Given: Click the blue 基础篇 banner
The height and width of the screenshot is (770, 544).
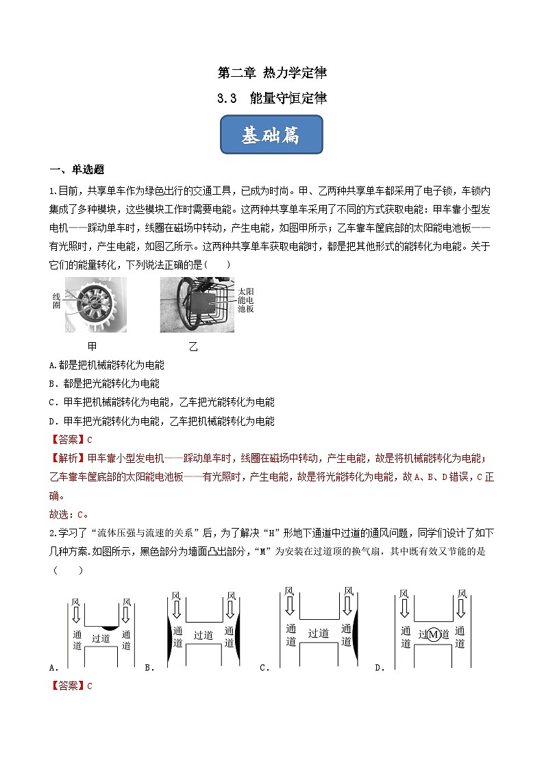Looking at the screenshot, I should tap(271, 135).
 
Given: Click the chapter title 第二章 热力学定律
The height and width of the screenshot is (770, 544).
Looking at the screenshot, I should tap(271, 73).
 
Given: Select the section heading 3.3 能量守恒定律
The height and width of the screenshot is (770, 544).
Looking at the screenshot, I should tap(271, 98).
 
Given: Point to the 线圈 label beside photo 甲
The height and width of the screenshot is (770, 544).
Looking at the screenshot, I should tap(57, 300).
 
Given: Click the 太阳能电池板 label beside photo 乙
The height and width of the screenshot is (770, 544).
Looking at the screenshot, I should tap(245, 300).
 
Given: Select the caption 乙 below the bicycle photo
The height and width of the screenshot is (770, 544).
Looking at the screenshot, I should tap(193, 346).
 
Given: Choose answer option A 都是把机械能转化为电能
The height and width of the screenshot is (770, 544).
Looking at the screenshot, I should tap(108, 365).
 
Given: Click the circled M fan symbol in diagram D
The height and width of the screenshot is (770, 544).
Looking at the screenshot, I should tap(433, 635).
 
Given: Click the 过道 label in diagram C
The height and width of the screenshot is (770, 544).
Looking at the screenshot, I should tap(318, 633).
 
